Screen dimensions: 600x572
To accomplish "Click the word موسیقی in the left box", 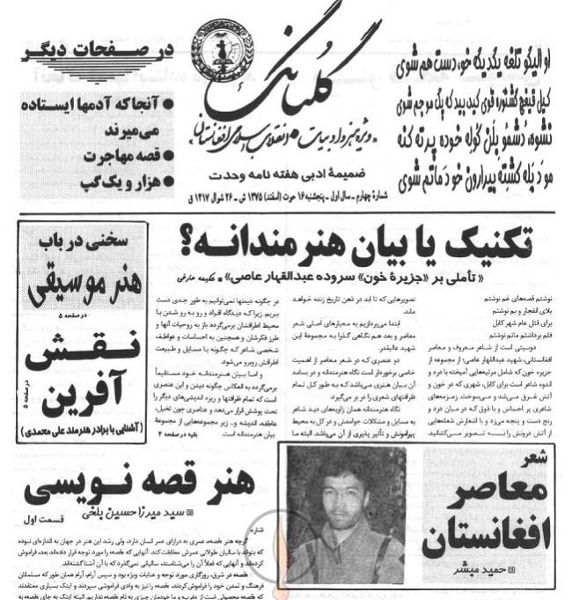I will [62, 280].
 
